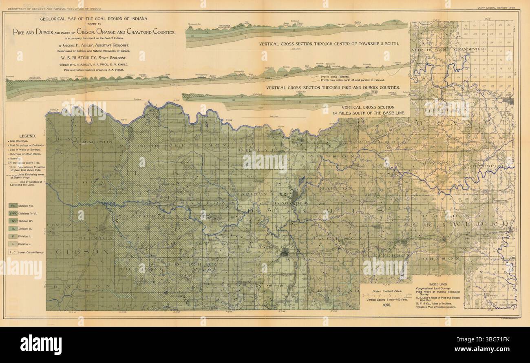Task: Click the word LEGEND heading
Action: click(x=27, y=136)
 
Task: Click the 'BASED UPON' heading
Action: click(x=439, y=284)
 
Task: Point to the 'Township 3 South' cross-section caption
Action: click(x=328, y=43)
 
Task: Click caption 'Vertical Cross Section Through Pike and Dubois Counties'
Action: click(x=333, y=88)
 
